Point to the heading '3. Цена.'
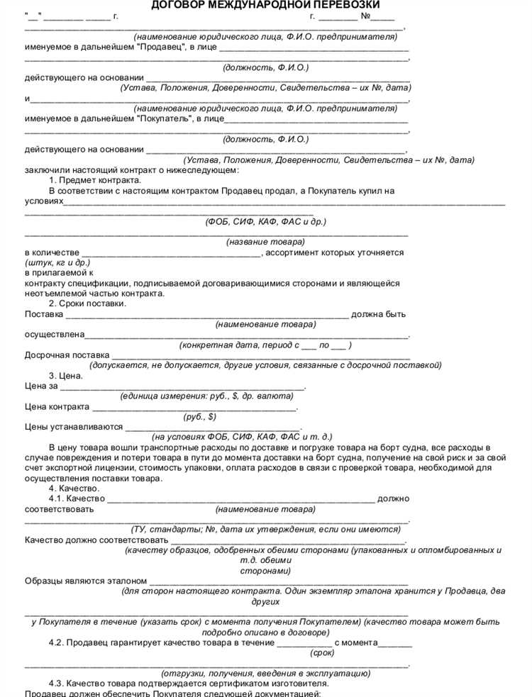68,376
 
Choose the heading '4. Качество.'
74,489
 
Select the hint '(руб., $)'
199,417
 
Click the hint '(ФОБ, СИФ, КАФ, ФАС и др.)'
266,221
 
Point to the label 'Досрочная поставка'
67,355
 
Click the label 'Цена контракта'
57,407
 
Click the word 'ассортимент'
294,252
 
